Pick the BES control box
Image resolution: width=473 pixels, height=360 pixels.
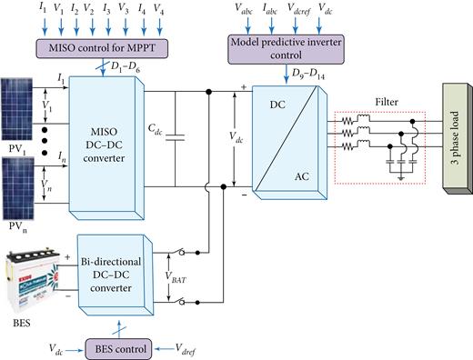click(117, 347)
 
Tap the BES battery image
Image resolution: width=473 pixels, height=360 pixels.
click(34, 273)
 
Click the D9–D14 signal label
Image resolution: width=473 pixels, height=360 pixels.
click(310, 71)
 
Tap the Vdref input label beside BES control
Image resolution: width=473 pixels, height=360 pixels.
click(191, 348)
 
